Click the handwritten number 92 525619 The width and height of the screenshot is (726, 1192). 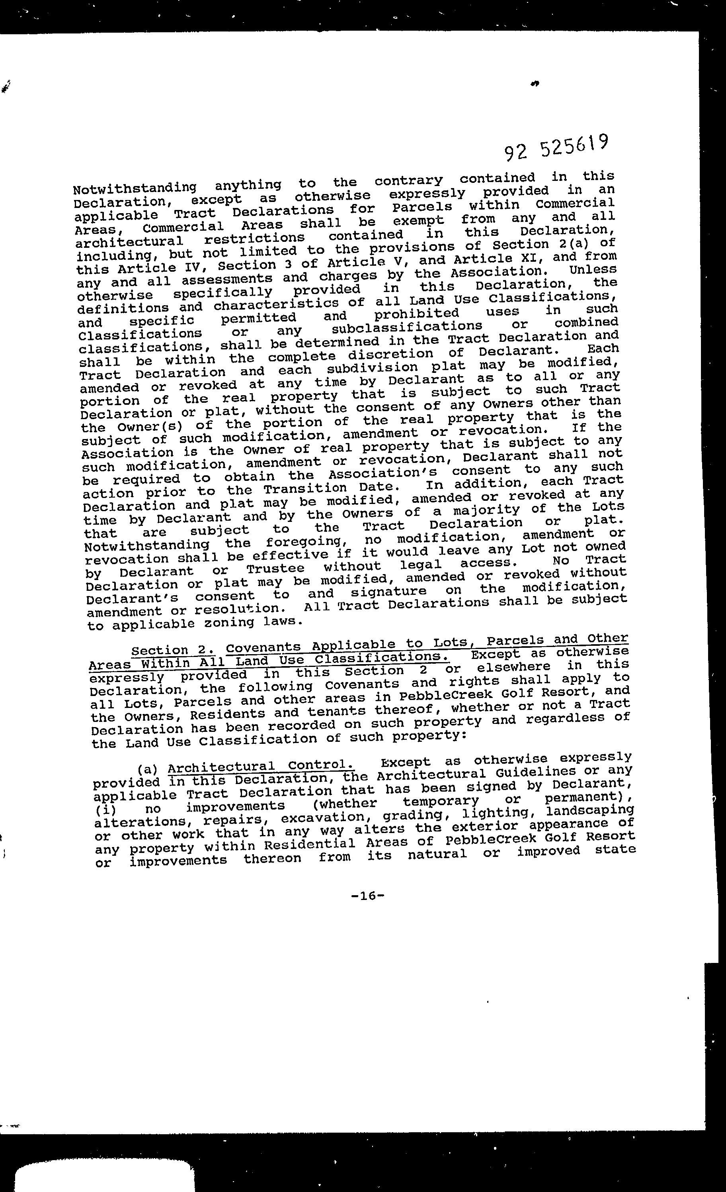pos(556,148)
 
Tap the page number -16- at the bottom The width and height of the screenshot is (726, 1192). pos(368,896)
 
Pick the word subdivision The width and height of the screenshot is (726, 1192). pos(365,368)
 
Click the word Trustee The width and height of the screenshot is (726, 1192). pos(275,568)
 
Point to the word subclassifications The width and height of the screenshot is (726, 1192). pos(407,327)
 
